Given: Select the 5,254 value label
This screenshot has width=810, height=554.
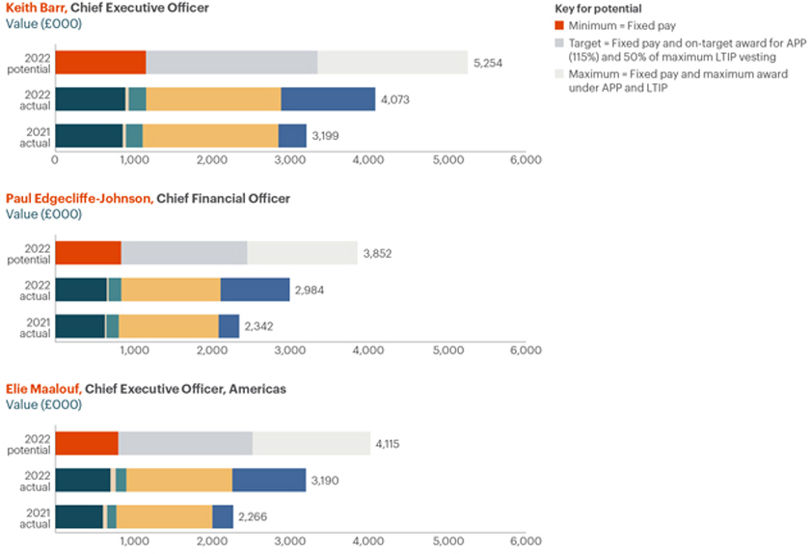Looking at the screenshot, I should click(x=489, y=63).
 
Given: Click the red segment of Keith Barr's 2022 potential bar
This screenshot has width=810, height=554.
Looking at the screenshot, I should click(x=100, y=63).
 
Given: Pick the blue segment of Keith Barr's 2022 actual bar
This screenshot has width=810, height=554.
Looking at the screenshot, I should click(x=328, y=99).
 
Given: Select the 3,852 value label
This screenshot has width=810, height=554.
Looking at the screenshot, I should click(x=378, y=254).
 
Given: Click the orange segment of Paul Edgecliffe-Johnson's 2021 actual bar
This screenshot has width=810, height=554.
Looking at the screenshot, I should click(x=169, y=326).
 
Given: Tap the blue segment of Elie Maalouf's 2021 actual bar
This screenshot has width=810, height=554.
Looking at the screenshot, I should click(x=223, y=516).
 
